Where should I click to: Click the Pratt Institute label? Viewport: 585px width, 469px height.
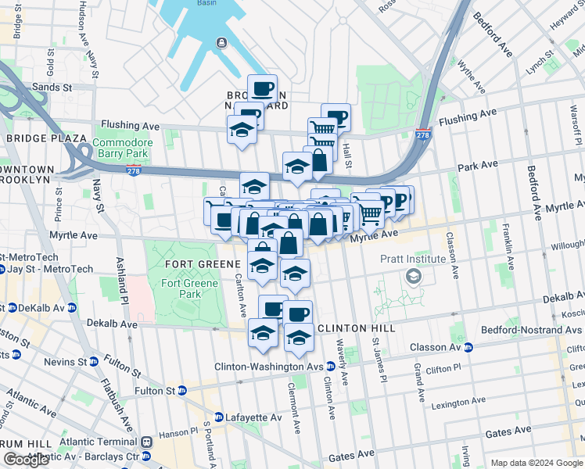pos(413,259)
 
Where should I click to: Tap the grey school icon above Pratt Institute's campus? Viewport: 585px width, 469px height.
pos(412,276)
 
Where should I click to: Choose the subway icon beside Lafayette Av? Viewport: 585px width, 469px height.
pos(219,417)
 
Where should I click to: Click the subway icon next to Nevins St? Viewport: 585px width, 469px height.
pos(93,361)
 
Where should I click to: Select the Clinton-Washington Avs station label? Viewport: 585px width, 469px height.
pos(271,366)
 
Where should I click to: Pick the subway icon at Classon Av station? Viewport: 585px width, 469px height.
pos(468,347)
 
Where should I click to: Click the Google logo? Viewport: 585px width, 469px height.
pos(26,460)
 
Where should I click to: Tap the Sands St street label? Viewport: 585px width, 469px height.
pos(52,88)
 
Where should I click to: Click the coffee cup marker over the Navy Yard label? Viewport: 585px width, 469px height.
pos(263,88)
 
